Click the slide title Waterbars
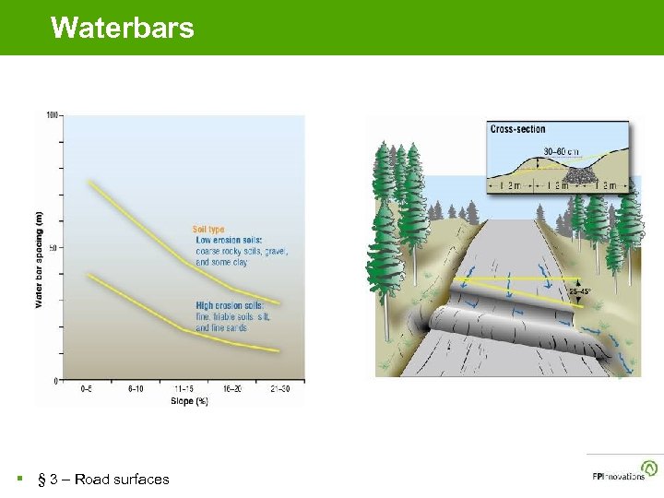(123, 28)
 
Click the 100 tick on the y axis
(52, 115)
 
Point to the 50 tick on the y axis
(53, 248)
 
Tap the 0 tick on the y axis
(56, 380)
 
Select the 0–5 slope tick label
(86, 389)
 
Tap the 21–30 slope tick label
(281, 389)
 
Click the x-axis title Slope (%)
(189, 400)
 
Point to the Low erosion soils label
(229, 240)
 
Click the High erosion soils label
(230, 305)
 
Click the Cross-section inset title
(517, 130)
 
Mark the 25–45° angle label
(580, 292)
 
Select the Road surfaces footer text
(103, 479)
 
